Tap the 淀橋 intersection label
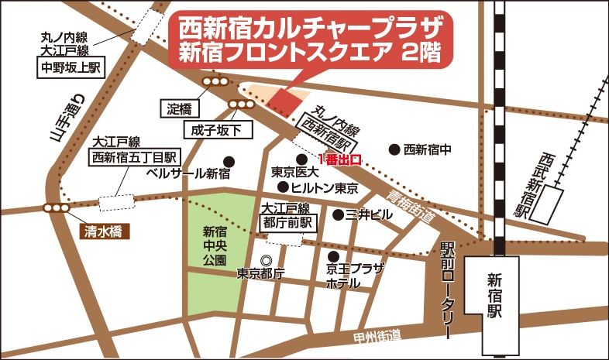[x=183, y=108]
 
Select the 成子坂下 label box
[x=218, y=129]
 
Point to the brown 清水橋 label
[x=101, y=231]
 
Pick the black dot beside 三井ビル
[x=339, y=214]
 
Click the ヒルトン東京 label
[x=324, y=188]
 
